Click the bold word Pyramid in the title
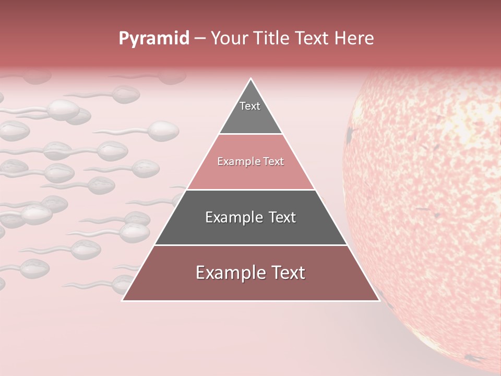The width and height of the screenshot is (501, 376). pyautogui.click(x=153, y=39)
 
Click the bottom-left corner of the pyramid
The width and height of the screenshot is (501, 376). pyautogui.click(x=123, y=300)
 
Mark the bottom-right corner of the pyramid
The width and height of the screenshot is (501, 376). pyautogui.click(x=379, y=300)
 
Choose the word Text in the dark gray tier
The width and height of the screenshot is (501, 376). pyautogui.click(x=279, y=217)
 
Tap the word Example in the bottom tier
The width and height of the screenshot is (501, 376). pyautogui.click(x=230, y=273)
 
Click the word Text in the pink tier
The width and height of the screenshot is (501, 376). pyautogui.click(x=274, y=162)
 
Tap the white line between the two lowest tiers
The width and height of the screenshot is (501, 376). pyautogui.click(x=250, y=245)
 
